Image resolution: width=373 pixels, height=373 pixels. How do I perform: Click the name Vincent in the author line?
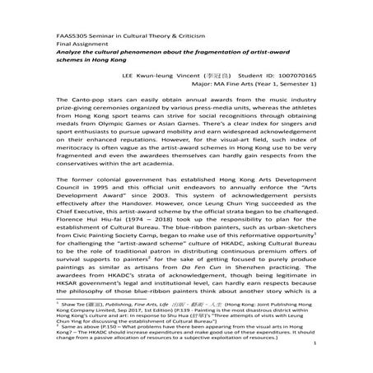click(204, 74)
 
